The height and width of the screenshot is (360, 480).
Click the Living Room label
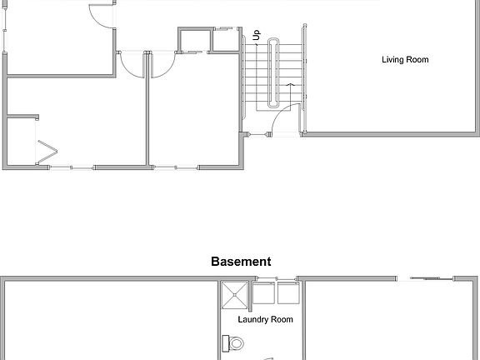pos(405,60)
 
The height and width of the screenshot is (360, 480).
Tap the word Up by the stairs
pos(257,37)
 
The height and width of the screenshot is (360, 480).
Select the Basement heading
pos(240,261)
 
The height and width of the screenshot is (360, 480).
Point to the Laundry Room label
pos(266,319)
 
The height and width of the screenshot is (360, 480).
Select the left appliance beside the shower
pos(264,294)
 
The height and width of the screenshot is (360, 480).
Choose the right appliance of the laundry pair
pos(288,294)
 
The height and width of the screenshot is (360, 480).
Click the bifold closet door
pos(47,153)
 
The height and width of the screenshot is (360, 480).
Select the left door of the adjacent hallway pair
pos(133,65)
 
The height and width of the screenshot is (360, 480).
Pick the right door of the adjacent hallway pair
pos(161,65)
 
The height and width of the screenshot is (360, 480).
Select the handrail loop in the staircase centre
pos(274,75)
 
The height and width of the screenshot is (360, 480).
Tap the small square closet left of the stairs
pos(192,40)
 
